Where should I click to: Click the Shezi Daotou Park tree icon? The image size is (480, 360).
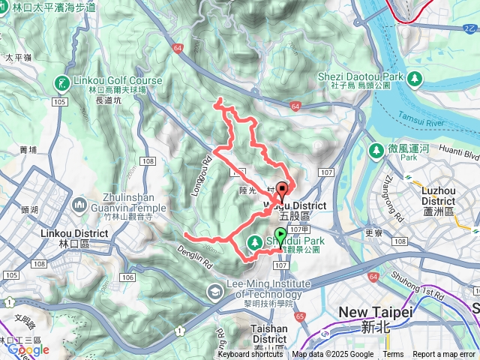[415, 77]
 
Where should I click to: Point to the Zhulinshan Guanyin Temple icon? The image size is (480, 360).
[80, 203]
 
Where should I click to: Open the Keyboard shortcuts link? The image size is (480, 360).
[250, 355]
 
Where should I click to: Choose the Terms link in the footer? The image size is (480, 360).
[393, 355]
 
